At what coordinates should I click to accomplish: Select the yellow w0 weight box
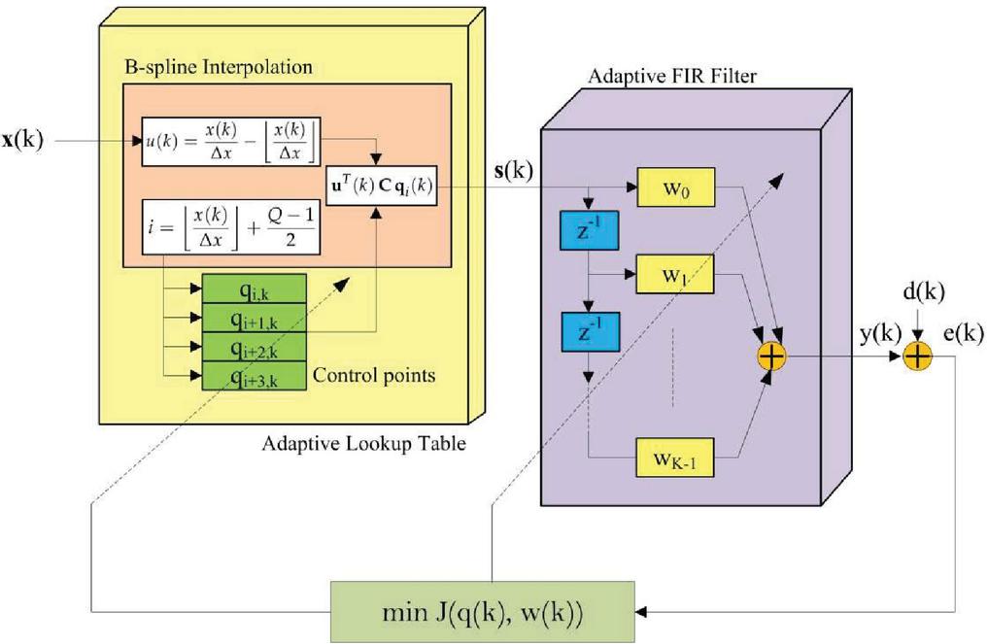pos(675,185)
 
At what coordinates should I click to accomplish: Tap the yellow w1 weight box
pos(675,275)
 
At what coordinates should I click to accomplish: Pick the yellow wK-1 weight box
pos(675,456)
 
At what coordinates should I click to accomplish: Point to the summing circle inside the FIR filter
pos(770,357)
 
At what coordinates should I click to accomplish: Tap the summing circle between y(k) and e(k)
pos(917,356)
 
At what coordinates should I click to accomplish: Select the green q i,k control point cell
pos(255,288)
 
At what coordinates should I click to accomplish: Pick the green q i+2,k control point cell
pos(255,346)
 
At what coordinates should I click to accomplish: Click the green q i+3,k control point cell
pos(255,374)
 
